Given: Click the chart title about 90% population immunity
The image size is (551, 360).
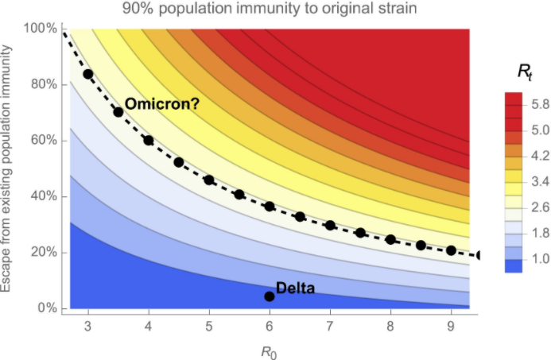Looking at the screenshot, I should (274, 10).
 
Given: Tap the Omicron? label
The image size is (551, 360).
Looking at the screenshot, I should (161, 104).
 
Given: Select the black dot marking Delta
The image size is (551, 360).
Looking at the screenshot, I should (270, 296).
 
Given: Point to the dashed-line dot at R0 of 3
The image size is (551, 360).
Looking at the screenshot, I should (87, 74).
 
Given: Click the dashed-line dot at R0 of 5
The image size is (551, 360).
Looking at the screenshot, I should (209, 180).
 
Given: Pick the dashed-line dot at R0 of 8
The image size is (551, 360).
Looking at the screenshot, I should (390, 239).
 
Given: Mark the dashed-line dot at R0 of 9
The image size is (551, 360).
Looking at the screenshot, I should (451, 250).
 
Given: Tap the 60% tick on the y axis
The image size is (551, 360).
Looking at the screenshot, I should (41, 141).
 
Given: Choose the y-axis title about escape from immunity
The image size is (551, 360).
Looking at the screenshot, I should (11, 167).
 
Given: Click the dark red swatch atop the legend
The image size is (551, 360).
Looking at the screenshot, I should (513, 100).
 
